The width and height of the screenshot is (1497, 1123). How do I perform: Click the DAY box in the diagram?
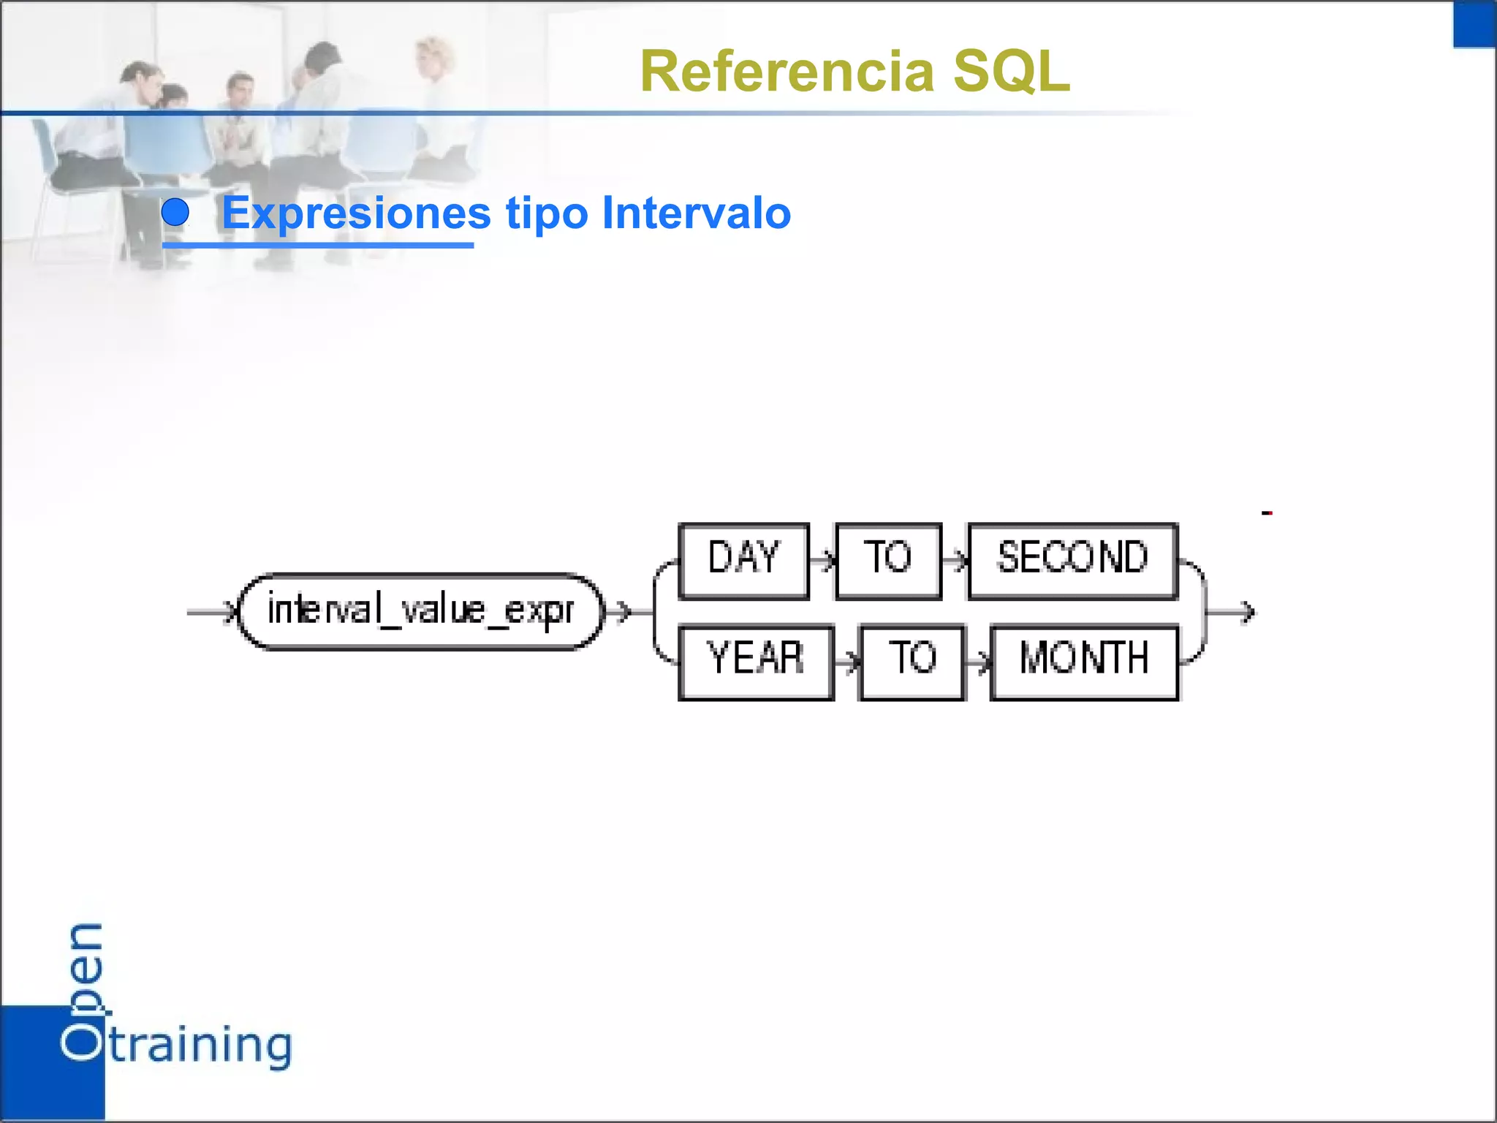pyautogui.click(x=743, y=561)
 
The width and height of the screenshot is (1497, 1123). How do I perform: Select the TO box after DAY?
pyautogui.click(x=887, y=561)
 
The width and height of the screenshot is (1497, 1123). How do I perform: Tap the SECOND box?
pyautogui.click(x=1072, y=561)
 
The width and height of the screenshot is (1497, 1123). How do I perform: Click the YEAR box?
pyautogui.click(x=756, y=662)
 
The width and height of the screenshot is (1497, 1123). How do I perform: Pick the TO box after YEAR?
pyautogui.click(x=912, y=662)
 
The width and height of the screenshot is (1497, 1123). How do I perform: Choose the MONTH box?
pyautogui.click(x=1084, y=662)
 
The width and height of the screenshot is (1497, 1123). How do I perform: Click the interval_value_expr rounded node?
pyautogui.click(x=421, y=611)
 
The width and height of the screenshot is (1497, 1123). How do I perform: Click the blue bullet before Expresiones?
pyautogui.click(x=175, y=213)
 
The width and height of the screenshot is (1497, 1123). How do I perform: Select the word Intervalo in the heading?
pyautogui.click(x=696, y=213)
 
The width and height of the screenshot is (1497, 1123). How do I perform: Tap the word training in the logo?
pyautogui.click(x=201, y=1046)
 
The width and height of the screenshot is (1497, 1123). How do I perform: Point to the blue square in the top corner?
pyautogui.click(x=1474, y=23)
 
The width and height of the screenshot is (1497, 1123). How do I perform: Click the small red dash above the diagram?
pyautogui.click(x=1267, y=513)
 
